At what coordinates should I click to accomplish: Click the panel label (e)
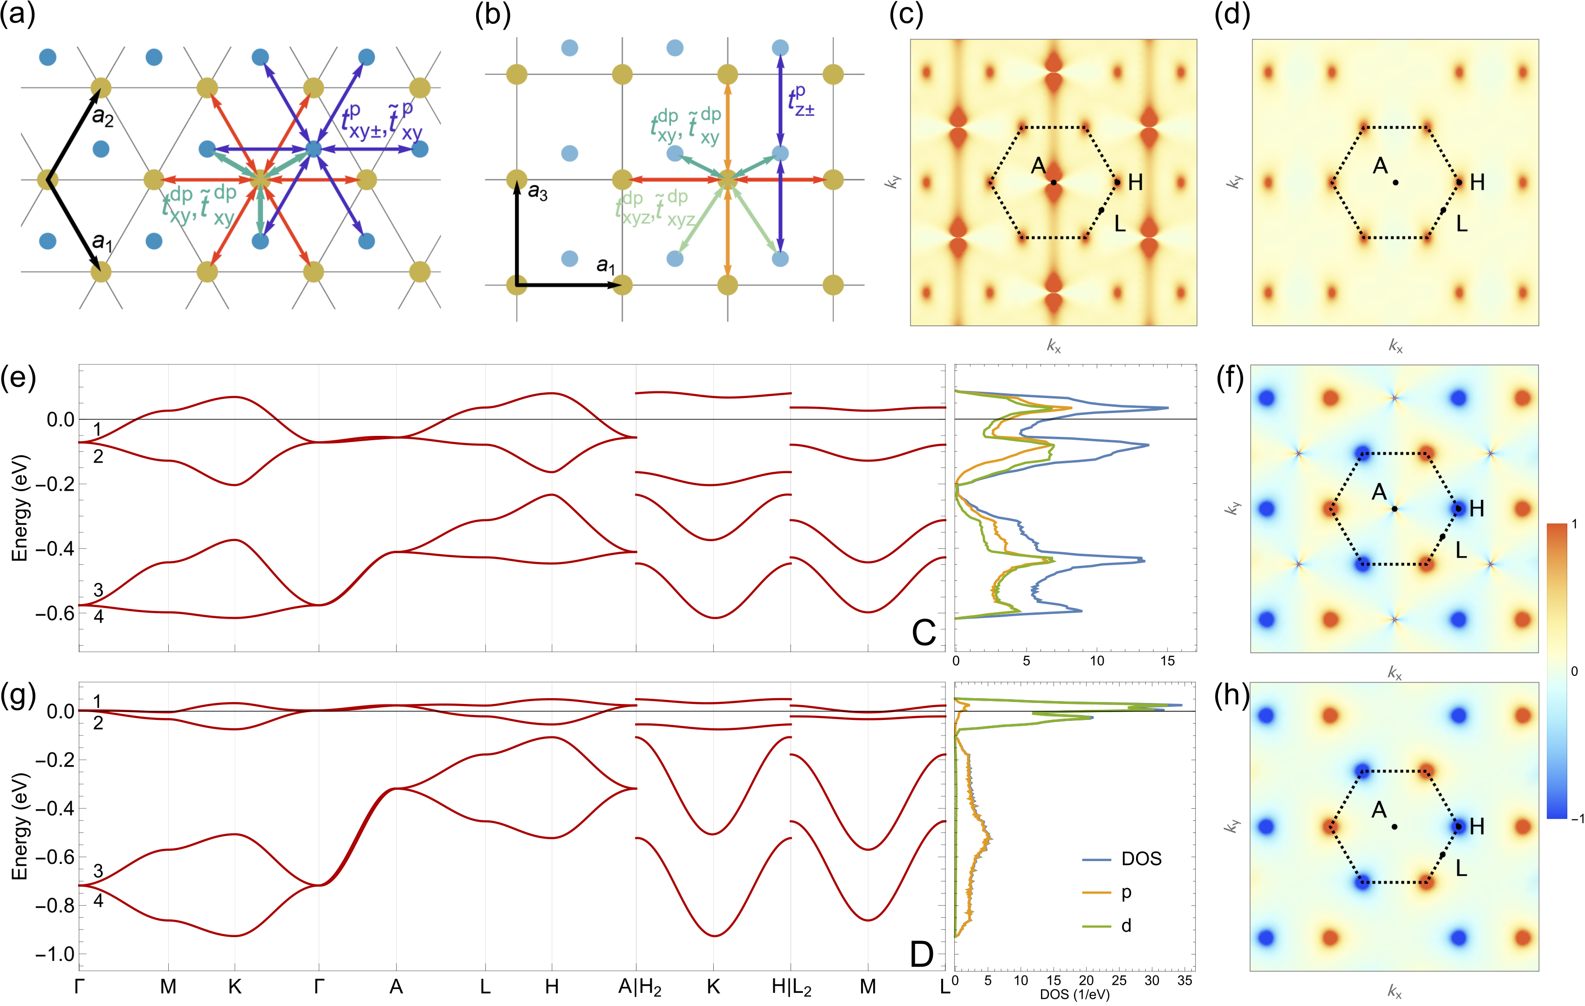point(18,379)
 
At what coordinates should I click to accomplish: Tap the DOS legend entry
point(1141,859)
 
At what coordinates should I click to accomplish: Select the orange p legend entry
point(1126,892)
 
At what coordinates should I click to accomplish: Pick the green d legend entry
point(1126,926)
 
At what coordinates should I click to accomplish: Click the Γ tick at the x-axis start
point(80,986)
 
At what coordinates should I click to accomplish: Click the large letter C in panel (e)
point(924,633)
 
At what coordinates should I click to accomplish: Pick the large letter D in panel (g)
point(922,953)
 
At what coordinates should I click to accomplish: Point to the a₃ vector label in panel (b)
point(538,193)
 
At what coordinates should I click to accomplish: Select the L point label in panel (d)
point(1462,224)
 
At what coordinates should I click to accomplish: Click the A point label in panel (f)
point(1379,492)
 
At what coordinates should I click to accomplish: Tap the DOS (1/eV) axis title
point(1074,995)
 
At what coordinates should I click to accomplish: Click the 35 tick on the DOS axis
point(1184,981)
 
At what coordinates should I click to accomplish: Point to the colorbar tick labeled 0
point(1574,671)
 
